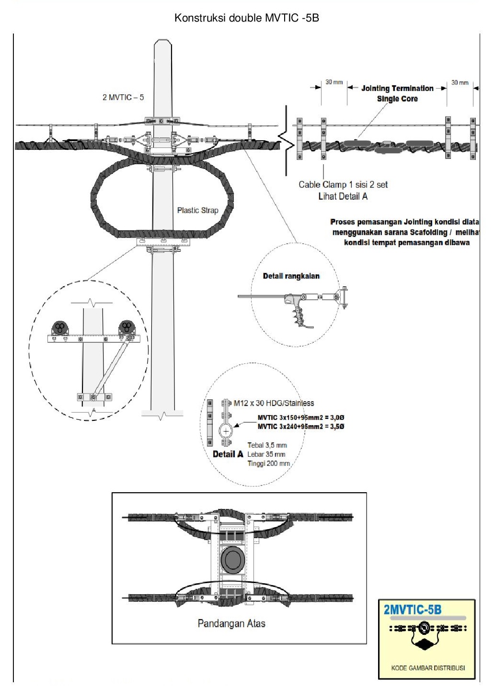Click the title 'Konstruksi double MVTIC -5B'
pyautogui.click(x=247, y=18)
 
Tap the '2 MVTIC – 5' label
pyautogui.click(x=123, y=97)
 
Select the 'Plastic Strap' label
pyautogui.click(x=197, y=210)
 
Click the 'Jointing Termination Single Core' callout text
pyautogui.click(x=397, y=93)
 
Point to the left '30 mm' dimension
pyautogui.click(x=334, y=82)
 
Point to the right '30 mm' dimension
pyautogui.click(x=460, y=83)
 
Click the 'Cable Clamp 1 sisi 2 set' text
pyautogui.click(x=343, y=184)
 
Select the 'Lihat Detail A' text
pyautogui.click(x=343, y=196)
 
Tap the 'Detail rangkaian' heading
pyautogui.click(x=291, y=276)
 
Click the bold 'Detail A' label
pyautogui.click(x=228, y=454)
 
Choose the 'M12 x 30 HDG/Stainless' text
pyautogui.click(x=274, y=403)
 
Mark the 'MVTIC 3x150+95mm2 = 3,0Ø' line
pyautogui.click(x=301, y=417)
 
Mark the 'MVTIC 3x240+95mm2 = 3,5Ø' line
pyautogui.click(x=301, y=427)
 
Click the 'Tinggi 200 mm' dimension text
pyautogui.click(x=268, y=463)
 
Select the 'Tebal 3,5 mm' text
pyautogui.click(x=267, y=445)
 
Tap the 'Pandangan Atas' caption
pyautogui.click(x=231, y=623)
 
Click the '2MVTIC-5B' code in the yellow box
pyautogui.click(x=413, y=609)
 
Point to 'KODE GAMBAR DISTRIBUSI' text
pyautogui.click(x=428, y=668)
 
